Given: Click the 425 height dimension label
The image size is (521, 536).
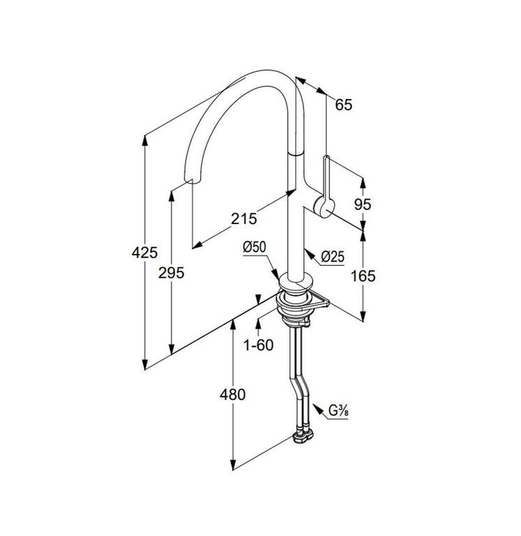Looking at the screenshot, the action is point(144,253).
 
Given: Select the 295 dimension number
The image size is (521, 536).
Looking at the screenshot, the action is point(171,273).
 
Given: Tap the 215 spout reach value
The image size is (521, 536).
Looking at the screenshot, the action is point(244,218).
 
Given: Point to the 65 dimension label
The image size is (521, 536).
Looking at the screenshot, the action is point(343,105).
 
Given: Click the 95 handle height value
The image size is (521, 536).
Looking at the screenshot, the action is point(363,204).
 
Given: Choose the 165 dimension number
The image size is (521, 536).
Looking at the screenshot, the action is point(363,276).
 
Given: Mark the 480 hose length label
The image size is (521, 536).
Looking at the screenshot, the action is point(233,395).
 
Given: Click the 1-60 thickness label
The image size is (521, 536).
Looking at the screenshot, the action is point(258,345).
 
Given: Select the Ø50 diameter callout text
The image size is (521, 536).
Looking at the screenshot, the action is point(255,247).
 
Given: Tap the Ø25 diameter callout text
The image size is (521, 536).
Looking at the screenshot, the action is point(333,256).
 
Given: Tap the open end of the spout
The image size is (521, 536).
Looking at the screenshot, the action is point(190,181).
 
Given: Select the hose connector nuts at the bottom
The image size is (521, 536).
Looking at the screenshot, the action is point(303,437).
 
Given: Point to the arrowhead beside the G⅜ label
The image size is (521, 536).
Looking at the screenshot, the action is point(317,409).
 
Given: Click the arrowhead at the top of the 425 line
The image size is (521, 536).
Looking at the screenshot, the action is point(145,140).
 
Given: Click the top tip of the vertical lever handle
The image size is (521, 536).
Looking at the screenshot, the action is point(326,157).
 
